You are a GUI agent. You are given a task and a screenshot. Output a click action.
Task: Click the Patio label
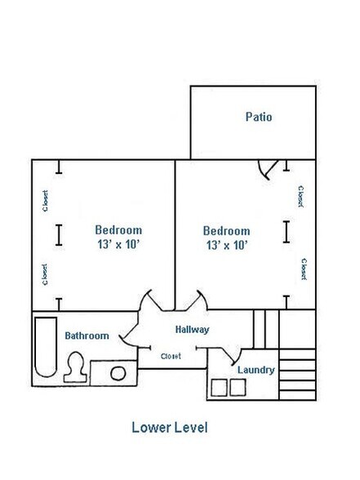[x=259, y=117]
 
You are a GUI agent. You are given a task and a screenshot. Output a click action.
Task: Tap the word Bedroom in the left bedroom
[x=118, y=230]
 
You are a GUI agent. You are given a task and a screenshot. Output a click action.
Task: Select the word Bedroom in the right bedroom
[x=227, y=231]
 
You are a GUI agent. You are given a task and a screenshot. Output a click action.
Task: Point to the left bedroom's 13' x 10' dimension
[x=118, y=244]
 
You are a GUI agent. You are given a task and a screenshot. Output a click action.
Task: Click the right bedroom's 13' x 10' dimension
[x=227, y=245]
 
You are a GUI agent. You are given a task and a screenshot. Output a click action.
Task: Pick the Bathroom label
[x=87, y=336]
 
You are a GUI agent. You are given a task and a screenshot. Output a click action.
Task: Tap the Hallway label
[x=193, y=330]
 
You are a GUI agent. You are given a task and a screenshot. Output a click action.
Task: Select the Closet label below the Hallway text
[x=171, y=356]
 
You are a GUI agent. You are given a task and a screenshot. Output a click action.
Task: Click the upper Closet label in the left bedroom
[x=45, y=201]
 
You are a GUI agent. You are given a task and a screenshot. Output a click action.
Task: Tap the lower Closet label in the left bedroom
[x=45, y=274]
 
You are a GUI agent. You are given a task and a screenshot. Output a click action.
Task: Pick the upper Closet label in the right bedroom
[x=300, y=196]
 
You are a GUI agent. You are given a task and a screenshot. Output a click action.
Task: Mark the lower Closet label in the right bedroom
[x=303, y=269]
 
